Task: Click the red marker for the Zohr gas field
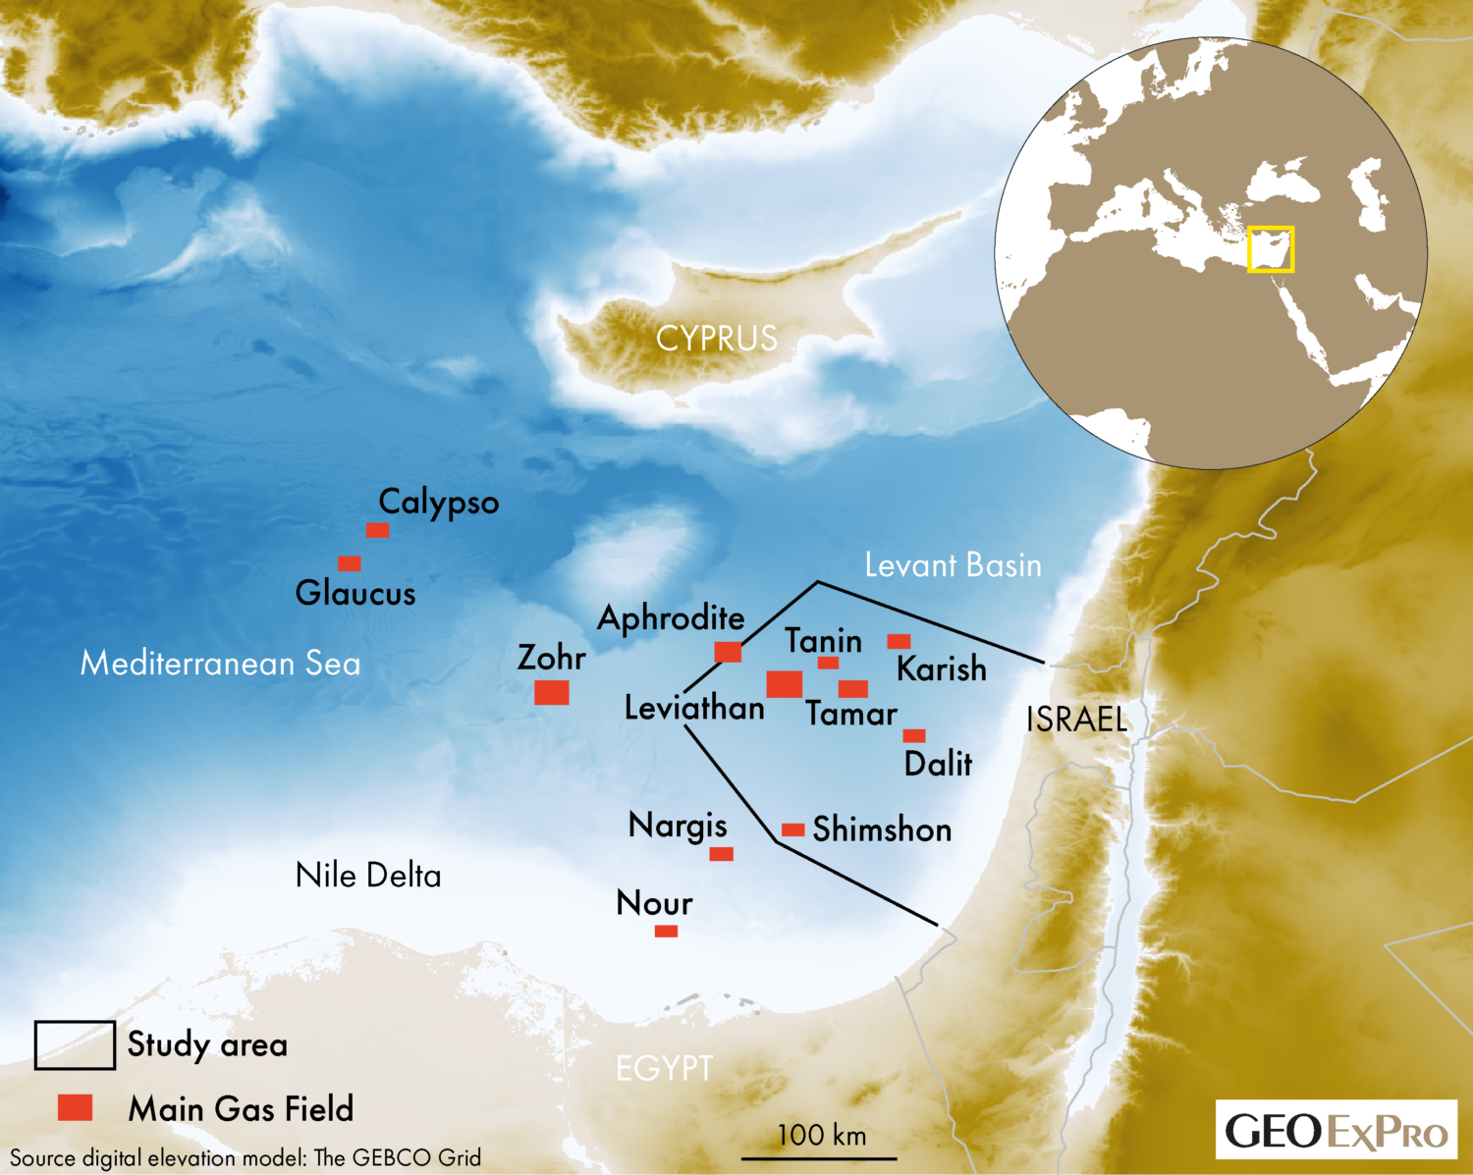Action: (x=552, y=692)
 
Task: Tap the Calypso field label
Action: (x=439, y=503)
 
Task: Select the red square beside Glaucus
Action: (x=349, y=563)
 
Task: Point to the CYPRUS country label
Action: (x=717, y=339)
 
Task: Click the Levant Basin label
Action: (x=953, y=565)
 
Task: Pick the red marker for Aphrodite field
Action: (x=728, y=652)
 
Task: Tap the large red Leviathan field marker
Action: (x=785, y=684)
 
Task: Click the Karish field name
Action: (x=942, y=669)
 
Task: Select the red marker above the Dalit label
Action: (x=914, y=735)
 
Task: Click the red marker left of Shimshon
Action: (x=793, y=830)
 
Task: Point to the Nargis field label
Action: (x=678, y=826)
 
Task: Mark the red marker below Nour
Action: (x=666, y=931)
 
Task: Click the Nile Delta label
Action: (x=368, y=876)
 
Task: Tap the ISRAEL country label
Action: (x=1076, y=720)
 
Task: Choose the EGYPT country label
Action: (x=665, y=1068)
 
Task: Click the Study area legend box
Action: (x=75, y=1044)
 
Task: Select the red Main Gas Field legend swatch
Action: (x=75, y=1107)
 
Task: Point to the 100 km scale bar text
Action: (x=822, y=1136)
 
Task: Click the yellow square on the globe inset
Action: (x=1271, y=249)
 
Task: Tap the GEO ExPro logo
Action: (x=1337, y=1131)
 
